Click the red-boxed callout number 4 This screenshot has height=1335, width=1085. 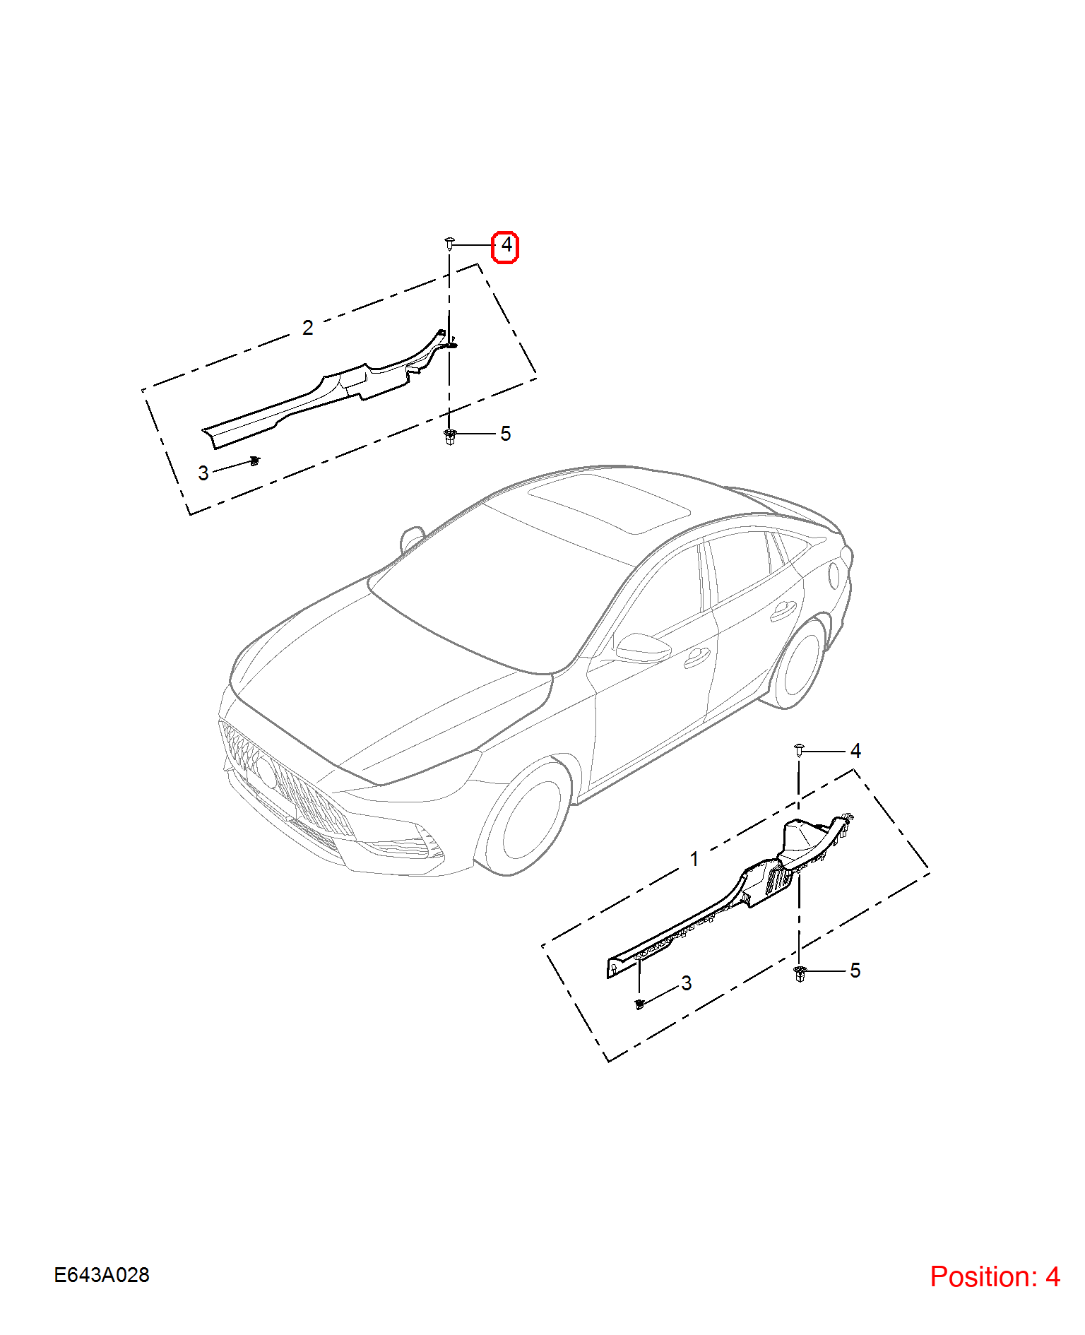pos(506,246)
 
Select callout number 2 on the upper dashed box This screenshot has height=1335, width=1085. pos(308,328)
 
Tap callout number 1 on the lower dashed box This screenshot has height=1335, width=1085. pos(695,859)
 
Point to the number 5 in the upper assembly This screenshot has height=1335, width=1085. pos(506,434)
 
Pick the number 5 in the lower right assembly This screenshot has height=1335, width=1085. pos(855,971)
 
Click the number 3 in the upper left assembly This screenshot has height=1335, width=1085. pos(203,473)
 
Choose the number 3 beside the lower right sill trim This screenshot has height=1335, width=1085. pos(687,983)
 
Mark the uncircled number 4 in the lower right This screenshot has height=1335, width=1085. pos(856,751)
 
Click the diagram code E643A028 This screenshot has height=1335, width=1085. pos(102,1275)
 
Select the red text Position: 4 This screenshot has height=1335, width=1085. pos(995,1277)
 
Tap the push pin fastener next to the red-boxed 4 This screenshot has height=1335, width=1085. pos(449,244)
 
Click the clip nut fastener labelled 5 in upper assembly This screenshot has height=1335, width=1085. pos(450,437)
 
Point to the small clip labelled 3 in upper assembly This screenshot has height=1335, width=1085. pos(255,461)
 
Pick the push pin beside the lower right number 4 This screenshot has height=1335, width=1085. pos(799,750)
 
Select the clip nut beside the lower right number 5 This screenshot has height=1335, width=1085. pos(800,974)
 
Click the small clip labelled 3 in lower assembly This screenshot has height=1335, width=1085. pos(640,1004)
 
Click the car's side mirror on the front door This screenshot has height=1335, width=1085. pos(641,648)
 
